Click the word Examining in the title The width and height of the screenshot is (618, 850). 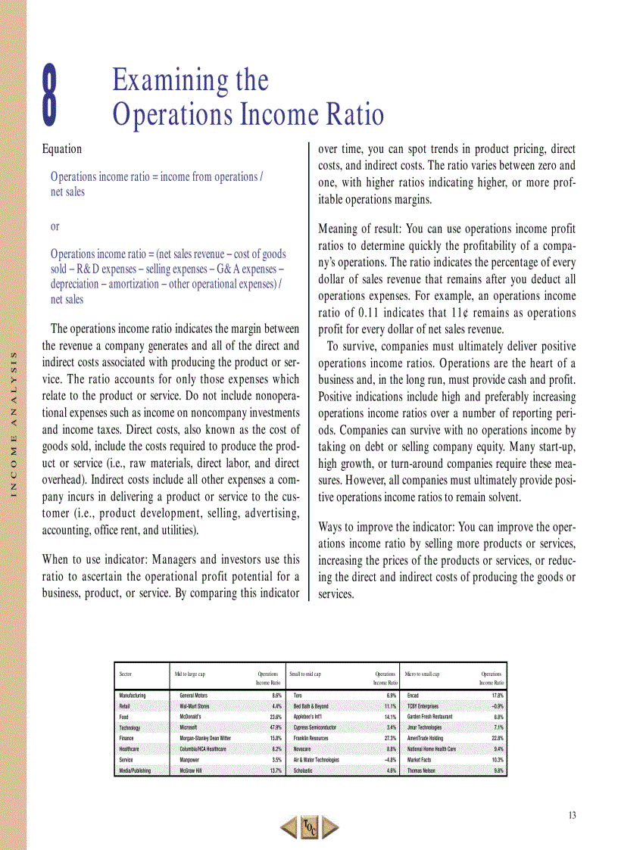pos(190,79)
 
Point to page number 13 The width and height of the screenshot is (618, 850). pos(572,815)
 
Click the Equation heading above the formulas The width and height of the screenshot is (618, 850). pos(62,149)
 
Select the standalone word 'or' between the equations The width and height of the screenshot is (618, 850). pos(55,226)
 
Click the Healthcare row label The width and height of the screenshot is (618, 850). pos(130,749)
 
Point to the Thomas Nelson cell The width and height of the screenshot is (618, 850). pos(424,771)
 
